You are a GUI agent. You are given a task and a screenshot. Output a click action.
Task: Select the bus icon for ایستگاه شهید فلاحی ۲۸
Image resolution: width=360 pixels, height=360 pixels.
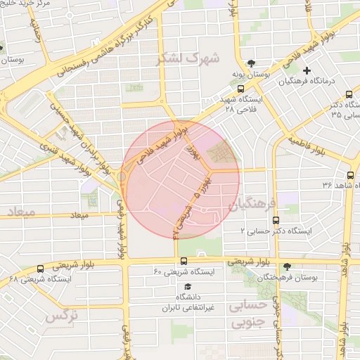(x=241, y=89)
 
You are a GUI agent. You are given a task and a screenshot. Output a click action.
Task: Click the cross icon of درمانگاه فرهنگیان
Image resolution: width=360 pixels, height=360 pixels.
(x=307, y=70)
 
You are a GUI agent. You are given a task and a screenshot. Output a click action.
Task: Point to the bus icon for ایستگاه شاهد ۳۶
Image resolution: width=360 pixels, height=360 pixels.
(x=350, y=175)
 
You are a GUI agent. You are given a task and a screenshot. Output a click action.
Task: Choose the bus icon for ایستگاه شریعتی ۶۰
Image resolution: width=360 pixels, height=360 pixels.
(x=184, y=261)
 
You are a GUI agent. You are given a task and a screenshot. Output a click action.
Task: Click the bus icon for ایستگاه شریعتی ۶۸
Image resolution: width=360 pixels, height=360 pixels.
(x=40, y=269)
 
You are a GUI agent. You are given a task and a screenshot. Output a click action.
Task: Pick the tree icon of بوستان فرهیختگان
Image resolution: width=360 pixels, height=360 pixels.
(x=287, y=267)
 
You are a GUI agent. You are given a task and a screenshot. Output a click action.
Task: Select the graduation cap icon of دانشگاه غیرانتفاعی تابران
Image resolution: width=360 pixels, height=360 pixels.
(x=187, y=287)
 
